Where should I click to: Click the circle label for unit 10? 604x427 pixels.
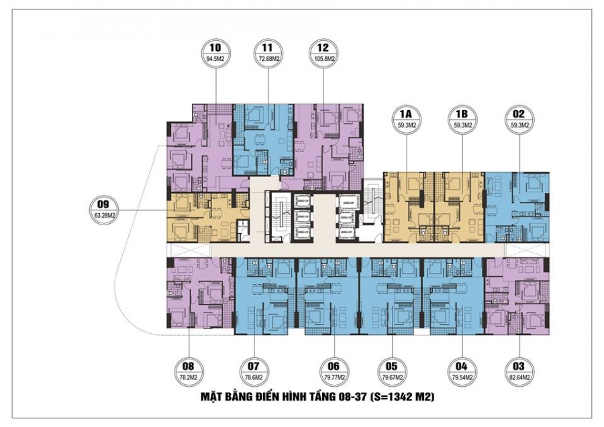[x=215, y=53]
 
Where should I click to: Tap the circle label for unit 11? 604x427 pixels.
[x=268, y=53]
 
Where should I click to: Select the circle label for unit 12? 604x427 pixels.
[x=323, y=53]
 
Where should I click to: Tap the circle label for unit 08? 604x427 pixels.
[x=187, y=371]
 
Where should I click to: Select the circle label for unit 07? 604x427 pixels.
[x=253, y=371]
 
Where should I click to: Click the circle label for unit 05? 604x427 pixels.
[x=393, y=371]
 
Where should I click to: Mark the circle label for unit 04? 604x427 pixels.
[x=461, y=371]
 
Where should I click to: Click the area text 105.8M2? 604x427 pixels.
[x=323, y=59]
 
